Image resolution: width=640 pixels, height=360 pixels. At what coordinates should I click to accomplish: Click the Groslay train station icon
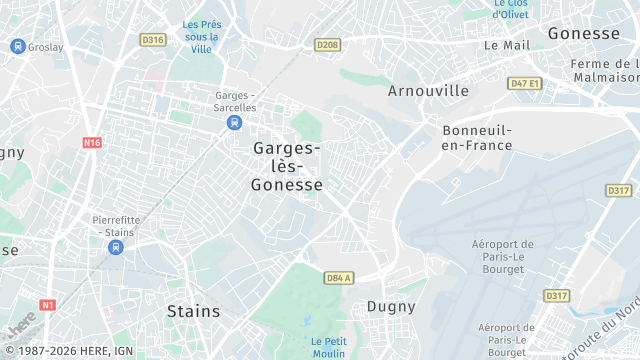pos(17,46)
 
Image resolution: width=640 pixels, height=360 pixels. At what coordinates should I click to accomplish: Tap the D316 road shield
pos(153,40)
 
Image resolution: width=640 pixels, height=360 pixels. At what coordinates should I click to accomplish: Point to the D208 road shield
pos(327,45)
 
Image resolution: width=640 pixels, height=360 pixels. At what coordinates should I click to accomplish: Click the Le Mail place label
pos(506,45)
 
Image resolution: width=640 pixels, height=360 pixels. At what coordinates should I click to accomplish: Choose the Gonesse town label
pos(584,33)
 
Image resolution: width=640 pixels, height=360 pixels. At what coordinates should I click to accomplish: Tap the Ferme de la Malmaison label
pos(604,70)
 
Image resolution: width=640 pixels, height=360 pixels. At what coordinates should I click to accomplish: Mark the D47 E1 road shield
pos(524,83)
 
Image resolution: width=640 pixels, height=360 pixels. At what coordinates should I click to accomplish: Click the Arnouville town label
pos(428,91)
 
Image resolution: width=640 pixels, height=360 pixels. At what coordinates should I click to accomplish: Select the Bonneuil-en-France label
pos(477,138)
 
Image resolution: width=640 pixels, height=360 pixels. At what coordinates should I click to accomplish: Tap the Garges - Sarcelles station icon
pos(234,122)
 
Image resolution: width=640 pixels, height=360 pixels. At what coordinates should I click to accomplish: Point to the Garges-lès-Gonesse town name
pos(287,166)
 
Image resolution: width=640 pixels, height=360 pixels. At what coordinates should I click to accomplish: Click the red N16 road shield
pos(92,143)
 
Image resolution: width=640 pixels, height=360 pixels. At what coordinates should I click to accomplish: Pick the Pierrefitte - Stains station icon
pos(116,247)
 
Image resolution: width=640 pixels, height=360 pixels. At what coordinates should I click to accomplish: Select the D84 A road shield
pos(339,277)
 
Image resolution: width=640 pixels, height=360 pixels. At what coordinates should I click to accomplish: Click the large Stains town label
pos(193,311)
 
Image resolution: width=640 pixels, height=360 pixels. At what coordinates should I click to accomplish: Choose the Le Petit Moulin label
pos(328,347)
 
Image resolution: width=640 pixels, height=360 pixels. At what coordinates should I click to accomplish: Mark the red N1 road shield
pos(47,304)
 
